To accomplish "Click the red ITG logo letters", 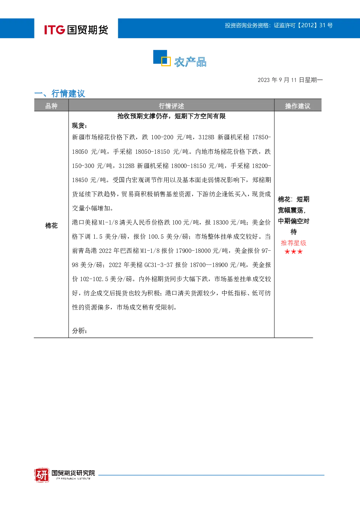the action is [54, 30].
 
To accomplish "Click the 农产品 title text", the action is [191, 62].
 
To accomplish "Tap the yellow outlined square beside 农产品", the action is [166, 61].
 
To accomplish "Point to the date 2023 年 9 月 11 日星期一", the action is [290, 80].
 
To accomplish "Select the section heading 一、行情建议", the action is [60, 93].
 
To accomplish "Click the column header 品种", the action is [52, 106].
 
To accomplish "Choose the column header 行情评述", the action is [171, 106].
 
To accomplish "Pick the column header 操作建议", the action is [298, 106].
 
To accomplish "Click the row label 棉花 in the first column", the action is [52, 225].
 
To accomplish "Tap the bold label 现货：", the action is [79, 126].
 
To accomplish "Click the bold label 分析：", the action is [79, 331].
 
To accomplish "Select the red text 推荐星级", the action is [294, 243].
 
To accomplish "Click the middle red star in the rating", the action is [294, 251].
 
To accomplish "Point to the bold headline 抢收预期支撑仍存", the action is [143, 116].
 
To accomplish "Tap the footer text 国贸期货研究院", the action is [73, 473].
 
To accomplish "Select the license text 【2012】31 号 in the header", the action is [315, 25].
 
